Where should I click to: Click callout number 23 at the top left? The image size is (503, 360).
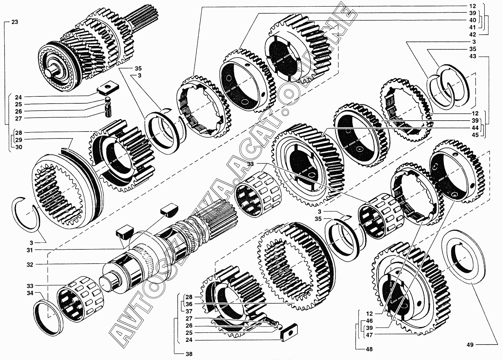[x=15, y=22]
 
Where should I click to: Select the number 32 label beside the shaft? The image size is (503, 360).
[x=30, y=265]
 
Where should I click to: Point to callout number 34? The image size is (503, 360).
[x=30, y=293]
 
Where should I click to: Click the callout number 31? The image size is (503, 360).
[x=30, y=250]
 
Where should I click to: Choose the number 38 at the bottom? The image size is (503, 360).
[x=189, y=354]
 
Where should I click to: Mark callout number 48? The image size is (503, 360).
[x=369, y=349]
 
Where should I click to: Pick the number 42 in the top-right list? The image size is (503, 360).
[x=473, y=34]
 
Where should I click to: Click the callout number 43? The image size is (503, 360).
[x=473, y=56]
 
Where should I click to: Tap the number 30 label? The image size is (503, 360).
[x=18, y=147]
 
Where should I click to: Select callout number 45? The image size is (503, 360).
[x=475, y=135]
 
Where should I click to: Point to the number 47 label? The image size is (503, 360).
[x=369, y=335]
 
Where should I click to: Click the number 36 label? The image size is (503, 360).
[x=189, y=304]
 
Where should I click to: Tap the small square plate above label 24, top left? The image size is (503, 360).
[x=108, y=87]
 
